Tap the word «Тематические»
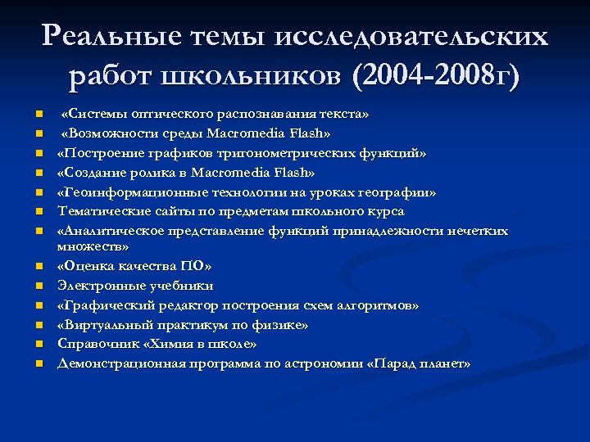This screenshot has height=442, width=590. pyautogui.click(x=98, y=212)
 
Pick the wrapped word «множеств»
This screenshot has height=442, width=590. pyautogui.click(x=90, y=246)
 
